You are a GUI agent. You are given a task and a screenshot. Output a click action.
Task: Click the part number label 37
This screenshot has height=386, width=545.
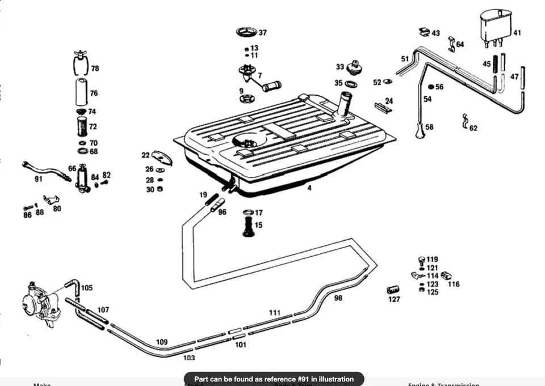point(263,33)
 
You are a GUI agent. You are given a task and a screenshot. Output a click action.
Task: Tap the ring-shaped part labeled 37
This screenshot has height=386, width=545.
point(246,31)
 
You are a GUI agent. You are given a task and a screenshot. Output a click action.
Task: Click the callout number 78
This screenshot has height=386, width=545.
point(95,68)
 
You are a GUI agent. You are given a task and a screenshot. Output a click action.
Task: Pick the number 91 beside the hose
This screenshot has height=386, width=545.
point(39,180)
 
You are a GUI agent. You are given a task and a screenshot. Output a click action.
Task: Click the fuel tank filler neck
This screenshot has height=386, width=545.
point(344,104)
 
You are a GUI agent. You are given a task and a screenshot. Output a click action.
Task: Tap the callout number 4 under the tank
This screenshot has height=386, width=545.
point(309,187)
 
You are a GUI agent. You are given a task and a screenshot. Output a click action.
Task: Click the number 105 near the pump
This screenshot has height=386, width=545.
point(86,288)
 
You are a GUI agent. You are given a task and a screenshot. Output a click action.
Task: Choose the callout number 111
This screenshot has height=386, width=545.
point(275,312)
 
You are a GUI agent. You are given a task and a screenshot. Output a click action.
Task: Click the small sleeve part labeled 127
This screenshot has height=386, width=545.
point(393,290)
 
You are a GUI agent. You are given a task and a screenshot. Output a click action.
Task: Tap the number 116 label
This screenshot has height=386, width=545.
point(453,284)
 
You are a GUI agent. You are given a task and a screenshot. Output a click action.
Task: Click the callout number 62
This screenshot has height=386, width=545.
point(473,129)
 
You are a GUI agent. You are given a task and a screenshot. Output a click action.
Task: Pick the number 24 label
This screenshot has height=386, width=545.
point(389,101)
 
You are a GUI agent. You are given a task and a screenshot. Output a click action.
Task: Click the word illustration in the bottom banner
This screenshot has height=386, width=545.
point(327,379)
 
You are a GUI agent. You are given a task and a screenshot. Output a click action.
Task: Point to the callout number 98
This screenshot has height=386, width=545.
point(338,298)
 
